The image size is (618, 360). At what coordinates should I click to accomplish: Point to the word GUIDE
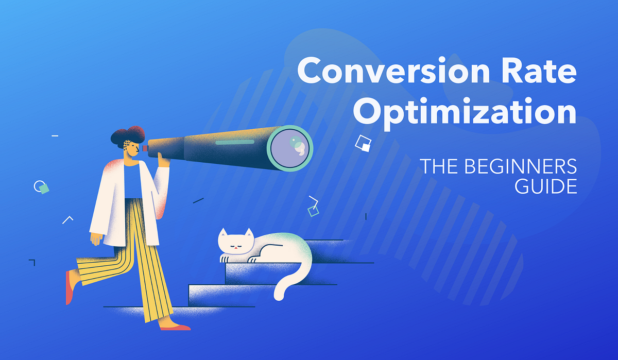click(x=545, y=186)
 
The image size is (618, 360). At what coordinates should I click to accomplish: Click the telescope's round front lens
click(x=289, y=148)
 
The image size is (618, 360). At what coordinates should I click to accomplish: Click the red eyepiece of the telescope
click(x=145, y=148)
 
